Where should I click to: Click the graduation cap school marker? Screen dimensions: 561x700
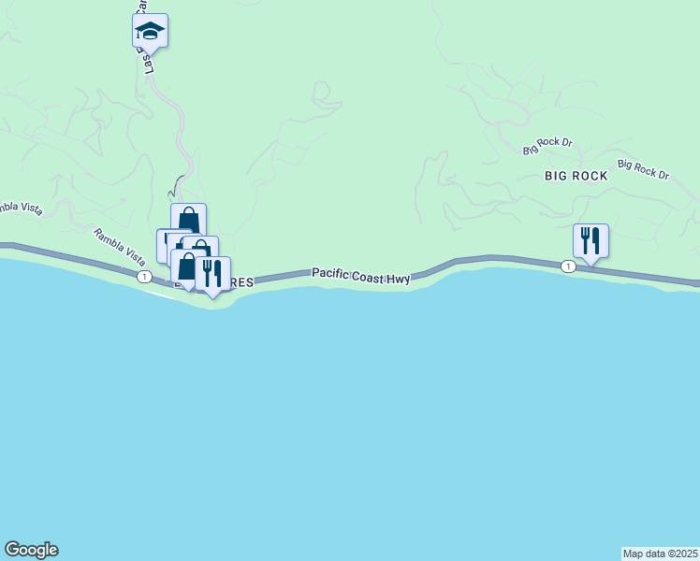tap(150, 31)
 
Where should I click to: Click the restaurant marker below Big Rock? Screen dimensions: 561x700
tap(591, 240)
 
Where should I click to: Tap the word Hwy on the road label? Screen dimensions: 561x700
tap(402, 278)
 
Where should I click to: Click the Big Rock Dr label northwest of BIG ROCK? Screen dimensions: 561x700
tap(547, 146)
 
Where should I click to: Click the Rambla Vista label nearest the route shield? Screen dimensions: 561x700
tap(119, 245)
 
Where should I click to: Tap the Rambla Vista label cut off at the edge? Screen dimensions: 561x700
tap(19, 207)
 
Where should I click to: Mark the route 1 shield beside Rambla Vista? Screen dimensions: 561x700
tap(144, 277)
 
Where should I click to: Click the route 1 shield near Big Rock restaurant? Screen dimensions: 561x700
tap(568, 267)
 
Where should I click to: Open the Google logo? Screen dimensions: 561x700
tap(31, 550)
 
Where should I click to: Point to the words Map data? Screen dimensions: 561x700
tap(644, 554)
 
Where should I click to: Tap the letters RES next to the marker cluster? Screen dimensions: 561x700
tap(241, 282)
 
